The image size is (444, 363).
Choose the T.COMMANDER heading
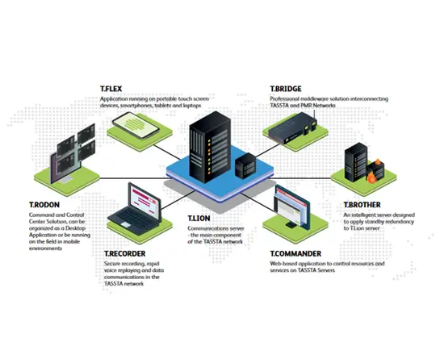tap(295, 253)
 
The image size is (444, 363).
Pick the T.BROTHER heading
tap(363, 207)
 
